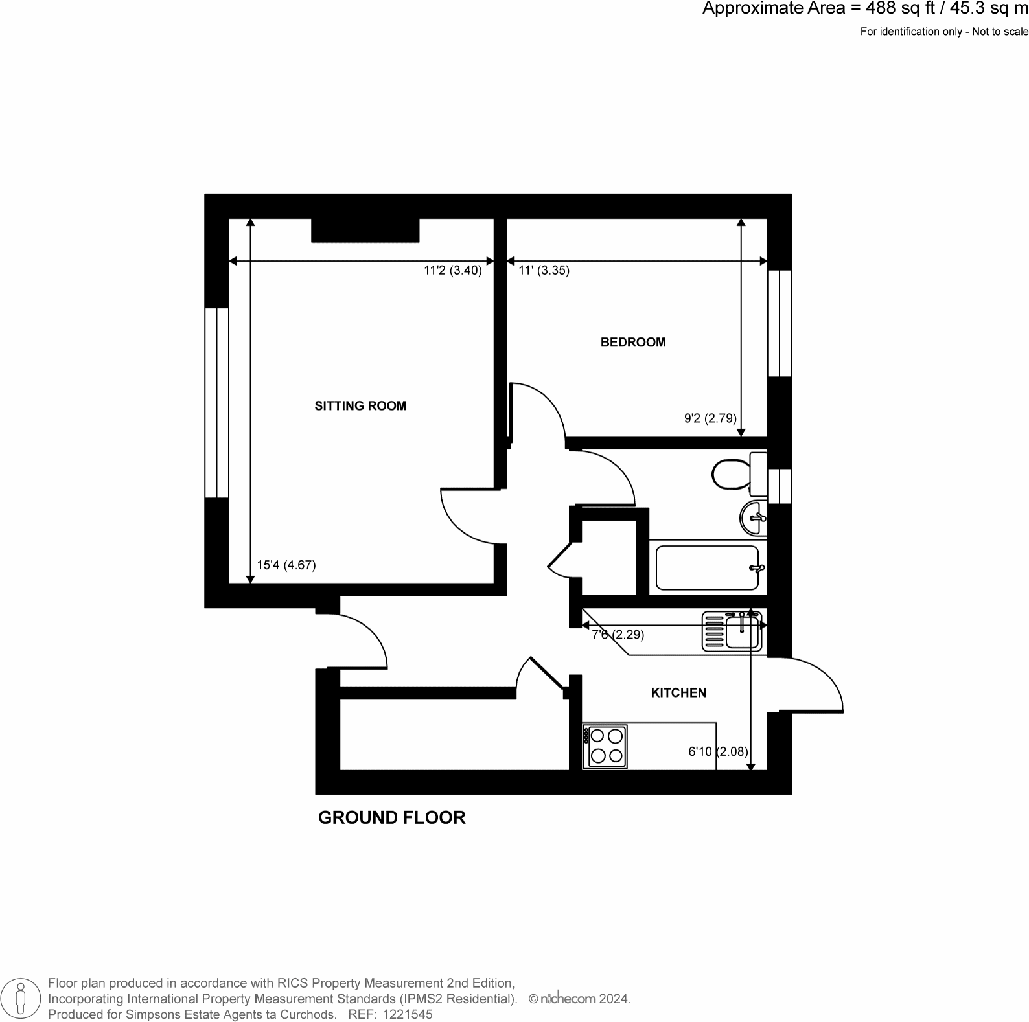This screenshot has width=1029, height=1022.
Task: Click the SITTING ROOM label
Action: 360,406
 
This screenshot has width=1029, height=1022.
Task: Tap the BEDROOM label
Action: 632,342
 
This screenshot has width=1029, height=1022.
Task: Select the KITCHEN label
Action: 678,693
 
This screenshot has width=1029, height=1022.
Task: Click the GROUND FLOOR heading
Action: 391,817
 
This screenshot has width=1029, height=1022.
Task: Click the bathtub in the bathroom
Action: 707,568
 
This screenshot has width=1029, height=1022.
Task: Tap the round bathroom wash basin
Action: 752,517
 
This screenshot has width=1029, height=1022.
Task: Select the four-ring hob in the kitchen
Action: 605,746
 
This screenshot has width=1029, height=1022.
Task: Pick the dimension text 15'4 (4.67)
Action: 286,565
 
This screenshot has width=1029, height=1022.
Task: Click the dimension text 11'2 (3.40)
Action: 453,271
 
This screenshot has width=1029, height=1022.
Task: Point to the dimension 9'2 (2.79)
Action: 710,418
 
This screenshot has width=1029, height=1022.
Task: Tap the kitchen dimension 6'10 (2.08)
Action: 718,752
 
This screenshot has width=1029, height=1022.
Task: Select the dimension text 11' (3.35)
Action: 544,271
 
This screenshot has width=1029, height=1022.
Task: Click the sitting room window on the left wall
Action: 216,402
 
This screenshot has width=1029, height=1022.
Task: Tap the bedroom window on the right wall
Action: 780,323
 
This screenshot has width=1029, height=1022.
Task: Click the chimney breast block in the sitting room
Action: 365,231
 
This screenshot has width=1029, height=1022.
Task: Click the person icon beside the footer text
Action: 21,998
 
